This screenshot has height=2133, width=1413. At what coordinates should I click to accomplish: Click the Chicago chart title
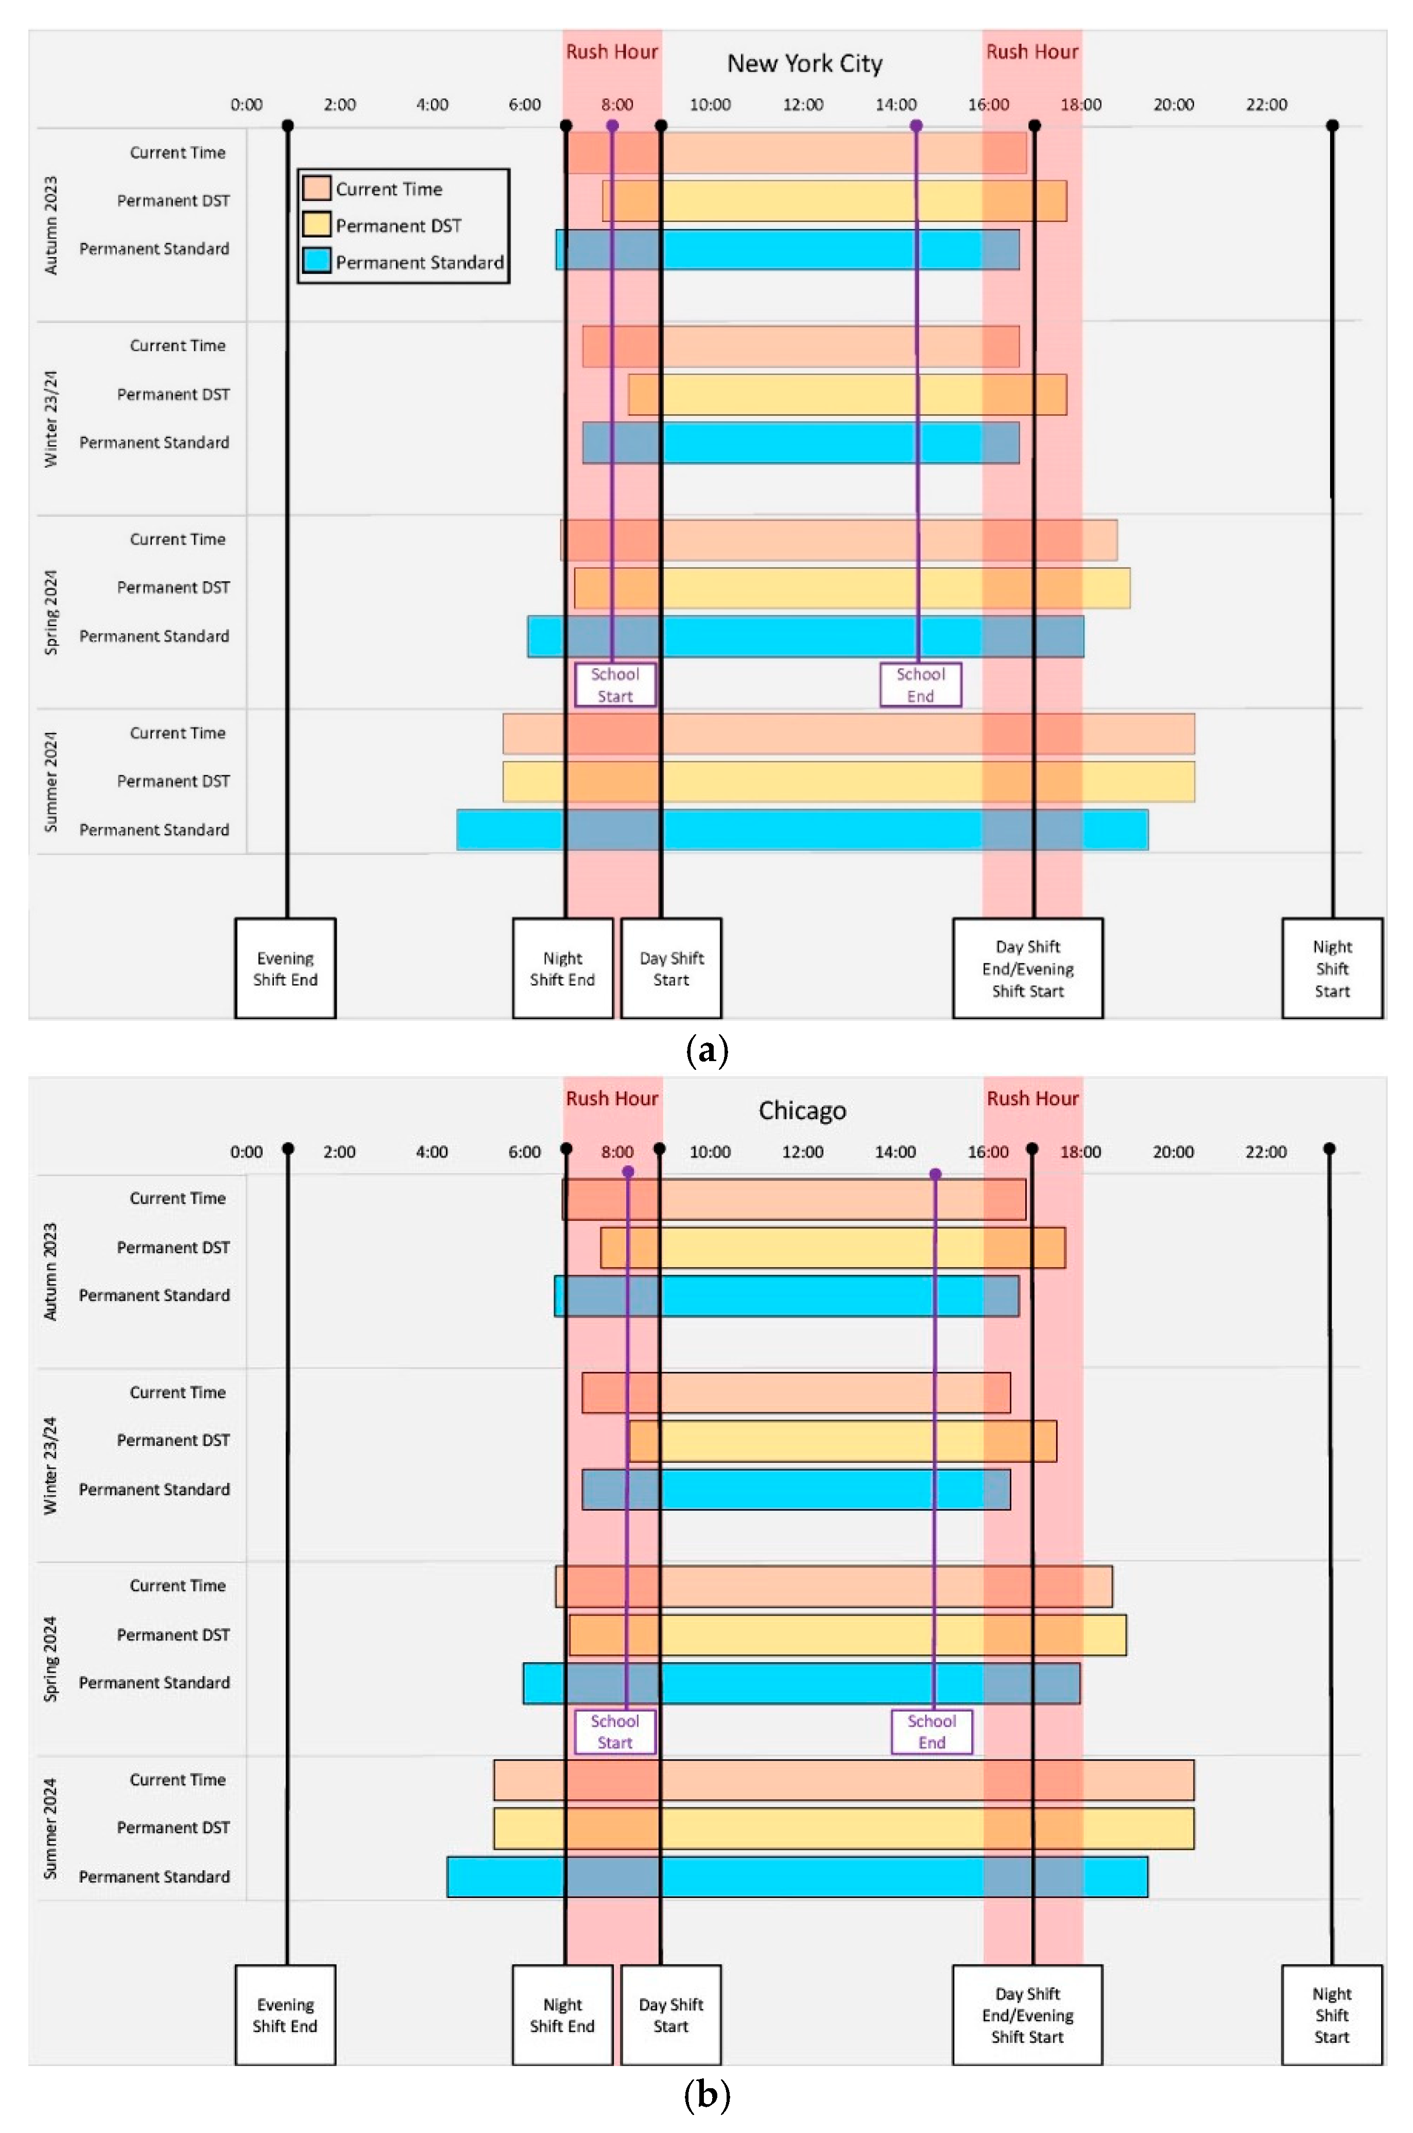click(802, 1110)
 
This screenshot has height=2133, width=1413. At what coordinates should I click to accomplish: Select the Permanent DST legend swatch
click(316, 225)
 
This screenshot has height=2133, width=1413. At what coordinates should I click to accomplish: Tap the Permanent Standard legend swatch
click(316, 261)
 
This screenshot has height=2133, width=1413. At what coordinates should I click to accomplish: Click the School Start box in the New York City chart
click(615, 685)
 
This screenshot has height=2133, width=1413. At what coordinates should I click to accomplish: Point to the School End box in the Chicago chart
click(932, 1731)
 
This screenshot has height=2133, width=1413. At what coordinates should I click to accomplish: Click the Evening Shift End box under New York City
click(285, 969)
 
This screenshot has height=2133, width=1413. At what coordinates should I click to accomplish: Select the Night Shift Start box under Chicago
click(1331, 2015)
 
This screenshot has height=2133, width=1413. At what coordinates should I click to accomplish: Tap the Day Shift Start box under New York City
click(671, 969)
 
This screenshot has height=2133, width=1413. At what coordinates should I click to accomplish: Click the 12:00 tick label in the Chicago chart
click(802, 1152)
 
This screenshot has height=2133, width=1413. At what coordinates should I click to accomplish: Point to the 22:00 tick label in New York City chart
click(1266, 105)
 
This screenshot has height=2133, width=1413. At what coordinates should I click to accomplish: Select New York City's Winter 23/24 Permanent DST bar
click(847, 395)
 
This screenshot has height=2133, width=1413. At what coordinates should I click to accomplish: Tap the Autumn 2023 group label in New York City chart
click(50, 225)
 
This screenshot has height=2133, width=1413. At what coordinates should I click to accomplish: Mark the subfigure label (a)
click(706, 1051)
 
